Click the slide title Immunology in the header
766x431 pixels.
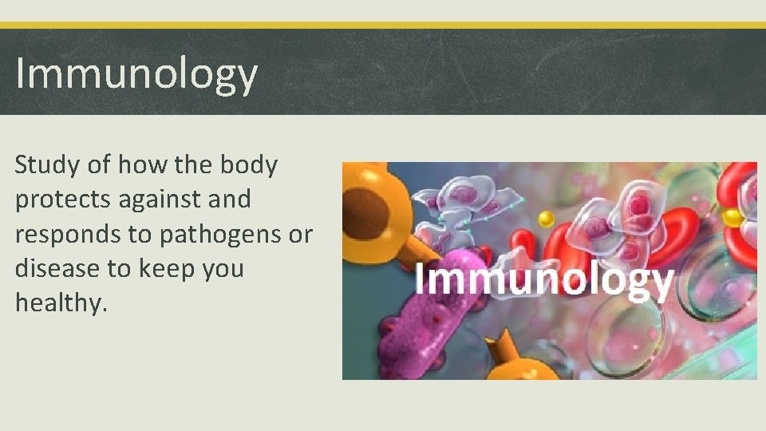[136, 74]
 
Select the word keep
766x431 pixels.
[166, 269]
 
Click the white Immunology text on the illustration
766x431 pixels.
[543, 281]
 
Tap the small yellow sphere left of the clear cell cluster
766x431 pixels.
[546, 219]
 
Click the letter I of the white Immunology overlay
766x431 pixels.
[420, 279]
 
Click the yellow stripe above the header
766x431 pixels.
[383, 26]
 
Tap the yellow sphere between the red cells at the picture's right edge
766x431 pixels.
[732, 217]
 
